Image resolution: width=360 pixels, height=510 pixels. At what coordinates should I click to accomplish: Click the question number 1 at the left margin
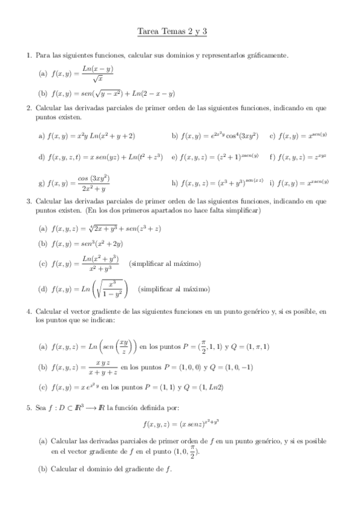(29, 55)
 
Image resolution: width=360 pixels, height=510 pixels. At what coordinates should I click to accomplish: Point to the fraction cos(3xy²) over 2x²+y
(93, 183)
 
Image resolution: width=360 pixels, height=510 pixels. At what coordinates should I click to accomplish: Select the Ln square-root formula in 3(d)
(90, 289)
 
